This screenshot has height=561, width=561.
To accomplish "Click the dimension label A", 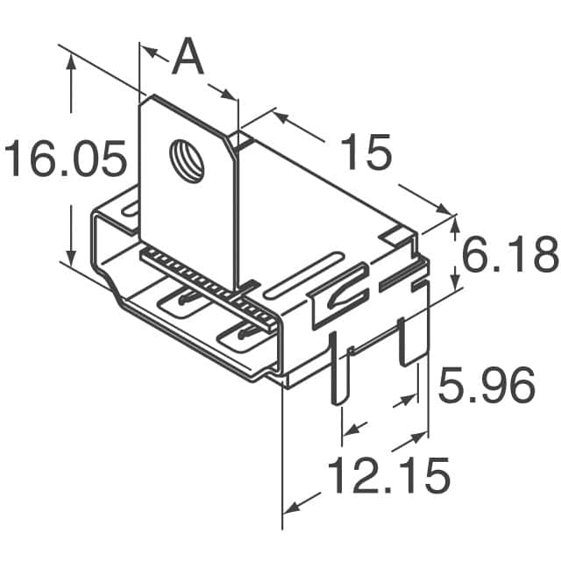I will coord(187,59).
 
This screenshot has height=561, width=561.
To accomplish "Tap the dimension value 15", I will coord(365,153).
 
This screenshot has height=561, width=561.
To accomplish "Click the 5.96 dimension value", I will coord(486,386).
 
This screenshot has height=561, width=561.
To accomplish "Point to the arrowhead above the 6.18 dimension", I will coord(454,223).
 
